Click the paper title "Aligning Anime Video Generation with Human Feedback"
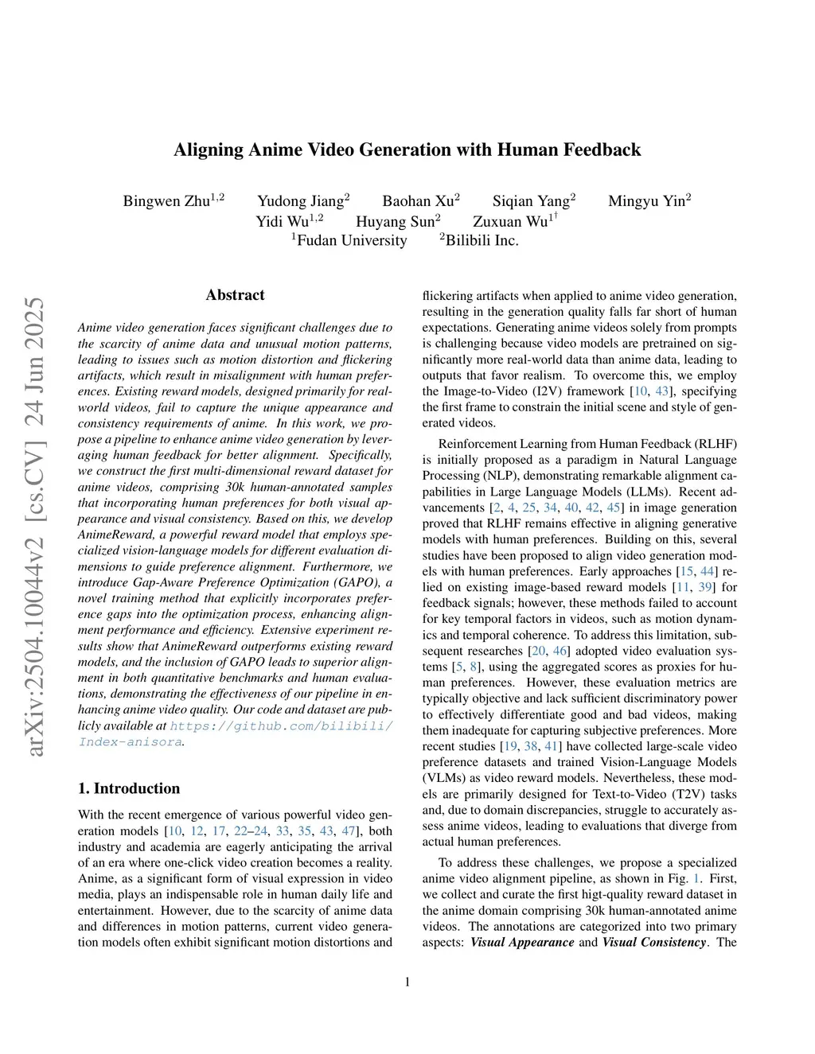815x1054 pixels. [x=407, y=150]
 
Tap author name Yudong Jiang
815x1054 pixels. [x=300, y=201]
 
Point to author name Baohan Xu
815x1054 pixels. [x=418, y=201]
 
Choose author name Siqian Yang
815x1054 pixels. [x=531, y=201]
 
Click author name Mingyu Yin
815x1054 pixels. [x=646, y=201]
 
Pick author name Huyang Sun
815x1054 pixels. [x=395, y=222]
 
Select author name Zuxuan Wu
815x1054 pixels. [x=510, y=222]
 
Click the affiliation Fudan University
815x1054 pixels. [x=351, y=240]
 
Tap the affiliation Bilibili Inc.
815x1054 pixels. [x=482, y=240]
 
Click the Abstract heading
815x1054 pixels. [x=235, y=295]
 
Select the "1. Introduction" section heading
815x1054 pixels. [x=129, y=788]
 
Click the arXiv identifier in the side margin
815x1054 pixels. [x=35, y=525]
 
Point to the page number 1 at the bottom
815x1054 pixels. [x=407, y=982]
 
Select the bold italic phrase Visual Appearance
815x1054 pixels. [x=522, y=943]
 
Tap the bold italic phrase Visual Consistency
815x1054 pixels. [x=654, y=943]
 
